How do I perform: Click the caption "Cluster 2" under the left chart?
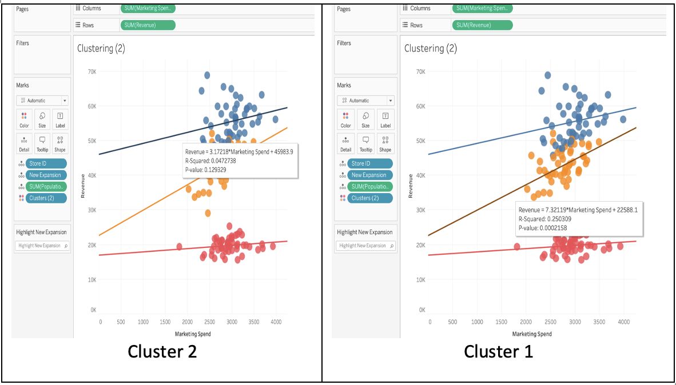(x=162, y=351)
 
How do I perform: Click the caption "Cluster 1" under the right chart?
(x=498, y=351)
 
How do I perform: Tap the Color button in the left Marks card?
(x=24, y=119)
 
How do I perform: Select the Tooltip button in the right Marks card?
(x=365, y=143)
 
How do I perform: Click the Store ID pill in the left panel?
(x=41, y=163)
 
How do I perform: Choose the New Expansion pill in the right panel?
(x=368, y=175)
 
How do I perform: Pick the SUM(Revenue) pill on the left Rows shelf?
(x=148, y=25)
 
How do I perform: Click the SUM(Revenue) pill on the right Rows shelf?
(x=482, y=25)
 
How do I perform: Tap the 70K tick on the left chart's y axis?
(x=92, y=71)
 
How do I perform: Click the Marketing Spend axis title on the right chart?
(x=532, y=334)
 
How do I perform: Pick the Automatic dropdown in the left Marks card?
(x=42, y=100)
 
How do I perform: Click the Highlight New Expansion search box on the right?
(x=364, y=246)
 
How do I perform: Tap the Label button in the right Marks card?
(x=385, y=119)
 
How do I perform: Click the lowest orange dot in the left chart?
(x=208, y=213)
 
